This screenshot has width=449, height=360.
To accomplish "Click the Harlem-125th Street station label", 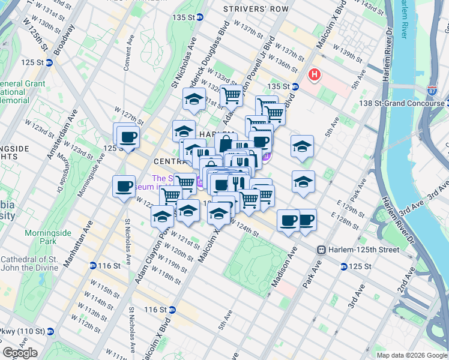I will click(x=358, y=250).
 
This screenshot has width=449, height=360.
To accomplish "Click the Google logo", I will click(x=20, y=353).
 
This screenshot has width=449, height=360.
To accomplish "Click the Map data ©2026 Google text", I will click(x=411, y=355).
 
